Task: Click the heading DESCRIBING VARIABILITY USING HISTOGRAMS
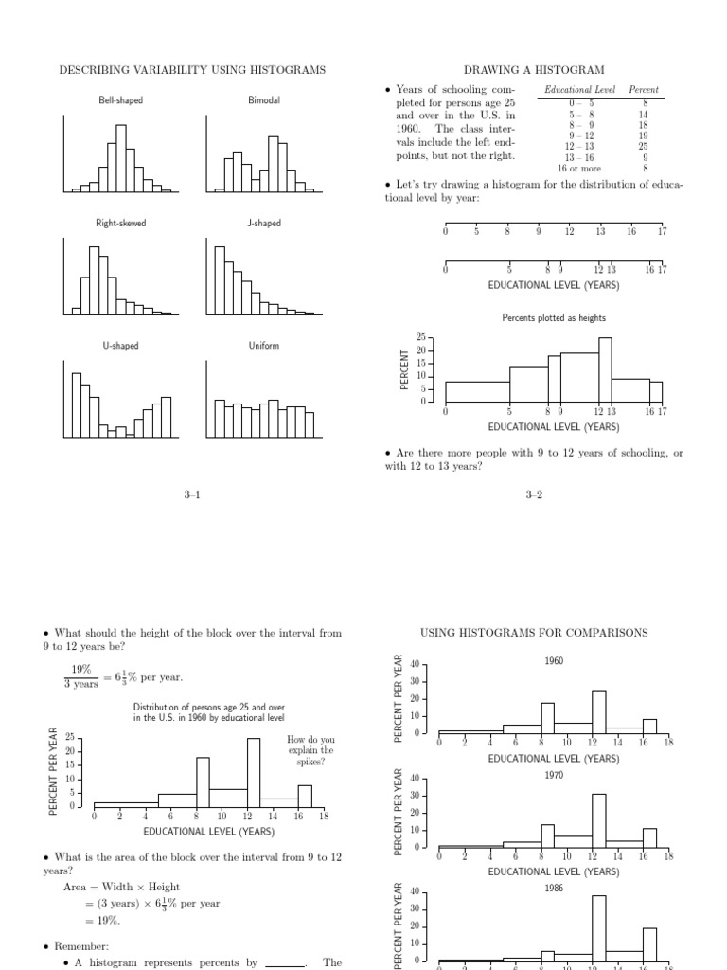(192, 70)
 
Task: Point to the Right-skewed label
(120, 224)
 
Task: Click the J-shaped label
(263, 224)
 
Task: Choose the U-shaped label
(120, 346)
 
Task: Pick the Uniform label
(263, 346)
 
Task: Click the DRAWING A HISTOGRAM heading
(534, 70)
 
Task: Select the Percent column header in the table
(644, 90)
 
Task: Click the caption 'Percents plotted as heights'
(553, 318)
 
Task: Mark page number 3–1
(192, 494)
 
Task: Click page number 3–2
(534, 494)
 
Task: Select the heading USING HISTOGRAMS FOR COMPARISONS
(534, 632)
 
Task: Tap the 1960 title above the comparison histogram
(554, 661)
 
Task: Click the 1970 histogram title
(554, 775)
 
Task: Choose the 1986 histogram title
(554, 889)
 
